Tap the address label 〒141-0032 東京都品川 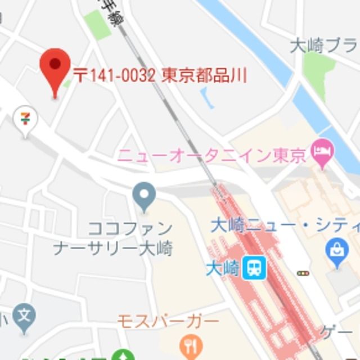[x=160, y=75]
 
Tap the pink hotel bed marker [x=323, y=151]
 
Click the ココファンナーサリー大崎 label [x=113, y=238]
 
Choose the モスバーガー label [x=168, y=321]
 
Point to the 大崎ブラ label [x=323, y=46]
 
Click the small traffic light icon [x=303, y=273]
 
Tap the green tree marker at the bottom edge [x=123, y=356]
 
